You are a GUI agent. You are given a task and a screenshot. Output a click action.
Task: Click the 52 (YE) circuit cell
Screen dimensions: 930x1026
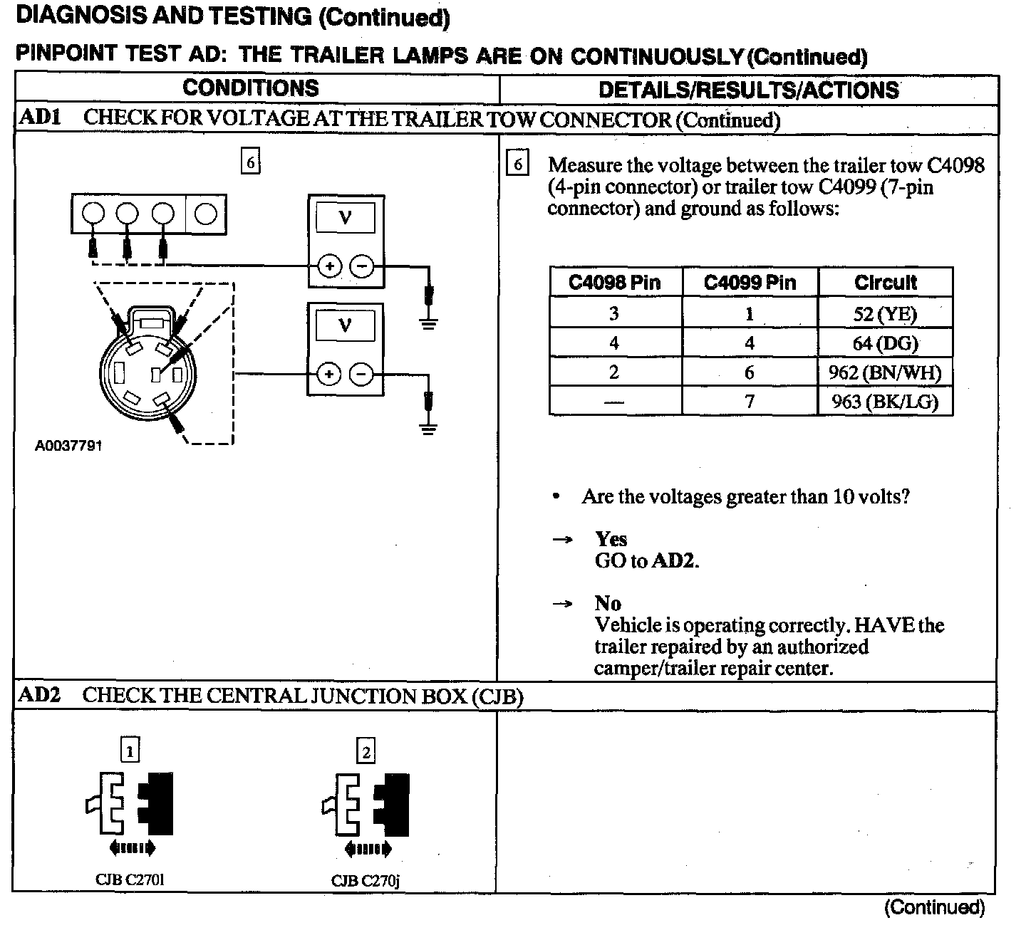pos(885,313)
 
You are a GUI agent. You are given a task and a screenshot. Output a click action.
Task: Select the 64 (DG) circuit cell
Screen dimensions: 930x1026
pos(885,343)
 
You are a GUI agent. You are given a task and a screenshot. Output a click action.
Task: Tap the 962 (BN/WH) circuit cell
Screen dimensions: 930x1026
pos(885,372)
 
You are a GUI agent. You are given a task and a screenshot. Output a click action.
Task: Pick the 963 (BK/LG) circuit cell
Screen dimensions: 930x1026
pos(885,402)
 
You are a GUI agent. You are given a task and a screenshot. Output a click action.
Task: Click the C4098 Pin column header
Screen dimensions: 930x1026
pos(615,283)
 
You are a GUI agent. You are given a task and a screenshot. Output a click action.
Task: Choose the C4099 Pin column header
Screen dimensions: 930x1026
pos(750,283)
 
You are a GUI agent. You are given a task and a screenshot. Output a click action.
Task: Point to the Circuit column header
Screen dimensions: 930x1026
pos(885,283)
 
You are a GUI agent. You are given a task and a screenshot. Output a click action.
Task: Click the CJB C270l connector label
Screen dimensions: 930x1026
pos(130,879)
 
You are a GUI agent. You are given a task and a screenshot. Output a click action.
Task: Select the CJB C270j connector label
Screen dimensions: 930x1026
pos(366,881)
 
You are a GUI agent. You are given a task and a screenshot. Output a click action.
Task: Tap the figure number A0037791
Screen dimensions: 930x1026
pos(68,446)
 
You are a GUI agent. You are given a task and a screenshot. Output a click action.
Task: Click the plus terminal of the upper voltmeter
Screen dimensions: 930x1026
pos(329,267)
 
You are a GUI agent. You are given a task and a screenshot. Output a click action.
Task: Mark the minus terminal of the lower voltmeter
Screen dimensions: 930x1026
pos(362,375)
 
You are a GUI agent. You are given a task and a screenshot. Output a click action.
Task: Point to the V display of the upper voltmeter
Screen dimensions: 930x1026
pos(346,216)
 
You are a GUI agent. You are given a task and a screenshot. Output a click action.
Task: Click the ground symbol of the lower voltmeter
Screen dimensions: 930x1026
pos(428,428)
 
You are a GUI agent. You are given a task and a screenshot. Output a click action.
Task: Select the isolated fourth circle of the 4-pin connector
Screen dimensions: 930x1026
pos(206,214)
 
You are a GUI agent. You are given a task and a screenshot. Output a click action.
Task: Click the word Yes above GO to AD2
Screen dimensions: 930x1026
pos(611,539)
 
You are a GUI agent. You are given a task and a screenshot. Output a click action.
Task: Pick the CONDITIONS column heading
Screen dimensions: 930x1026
pos(251,88)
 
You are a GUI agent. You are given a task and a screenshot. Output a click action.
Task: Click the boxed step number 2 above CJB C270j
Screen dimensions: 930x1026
pos(366,752)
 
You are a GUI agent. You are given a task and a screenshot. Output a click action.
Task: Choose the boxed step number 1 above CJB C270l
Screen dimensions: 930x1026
pos(130,751)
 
